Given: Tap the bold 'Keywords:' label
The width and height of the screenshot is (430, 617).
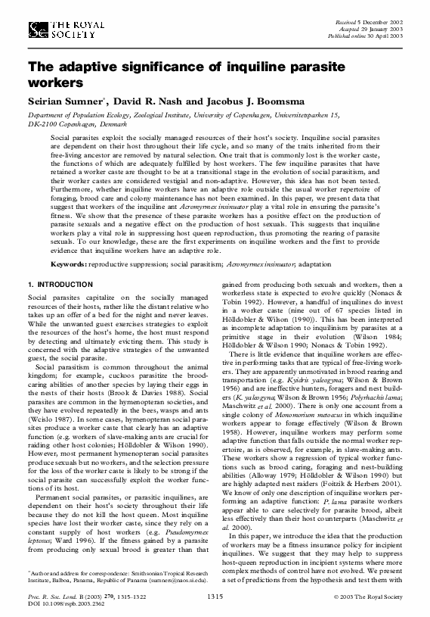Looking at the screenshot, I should pos(69,264).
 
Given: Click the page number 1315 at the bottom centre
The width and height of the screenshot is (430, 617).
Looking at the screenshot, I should pos(215,597).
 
